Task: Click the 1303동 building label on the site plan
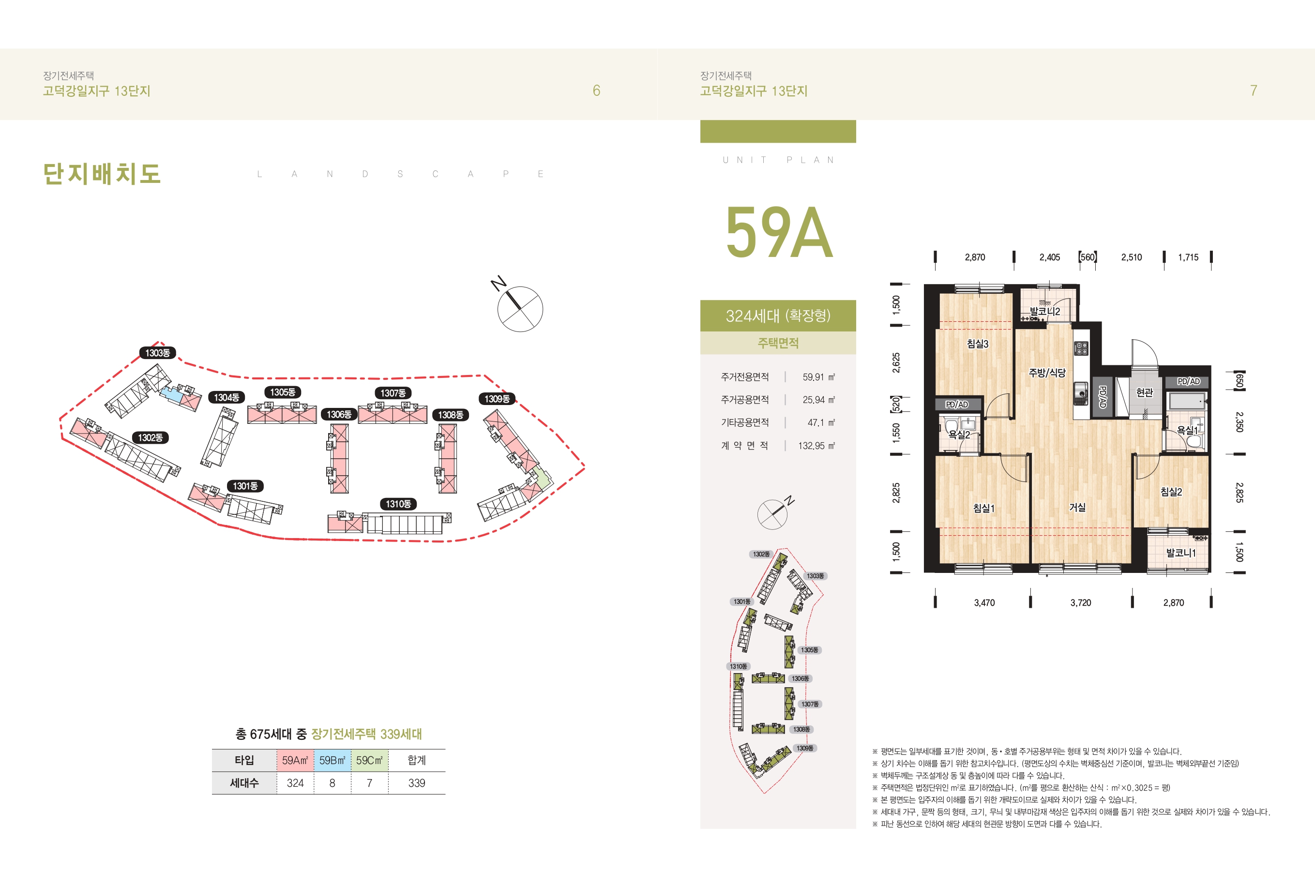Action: [158, 353]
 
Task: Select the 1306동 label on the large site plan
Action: [339, 415]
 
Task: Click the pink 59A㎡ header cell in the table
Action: [295, 761]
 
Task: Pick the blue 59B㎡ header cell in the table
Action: [333, 761]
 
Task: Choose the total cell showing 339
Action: [417, 783]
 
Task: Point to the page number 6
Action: [596, 90]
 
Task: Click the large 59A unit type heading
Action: [779, 232]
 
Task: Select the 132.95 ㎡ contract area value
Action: [816, 446]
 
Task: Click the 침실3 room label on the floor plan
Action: [977, 344]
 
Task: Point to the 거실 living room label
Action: [1077, 508]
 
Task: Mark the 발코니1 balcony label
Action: [1180, 553]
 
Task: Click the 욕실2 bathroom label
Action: [959, 435]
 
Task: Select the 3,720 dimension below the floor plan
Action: [1080, 603]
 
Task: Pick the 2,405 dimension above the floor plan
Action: [1049, 257]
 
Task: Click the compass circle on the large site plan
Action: [520, 309]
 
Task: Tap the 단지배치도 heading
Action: [102, 173]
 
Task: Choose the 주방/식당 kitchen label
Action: [1046, 373]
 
